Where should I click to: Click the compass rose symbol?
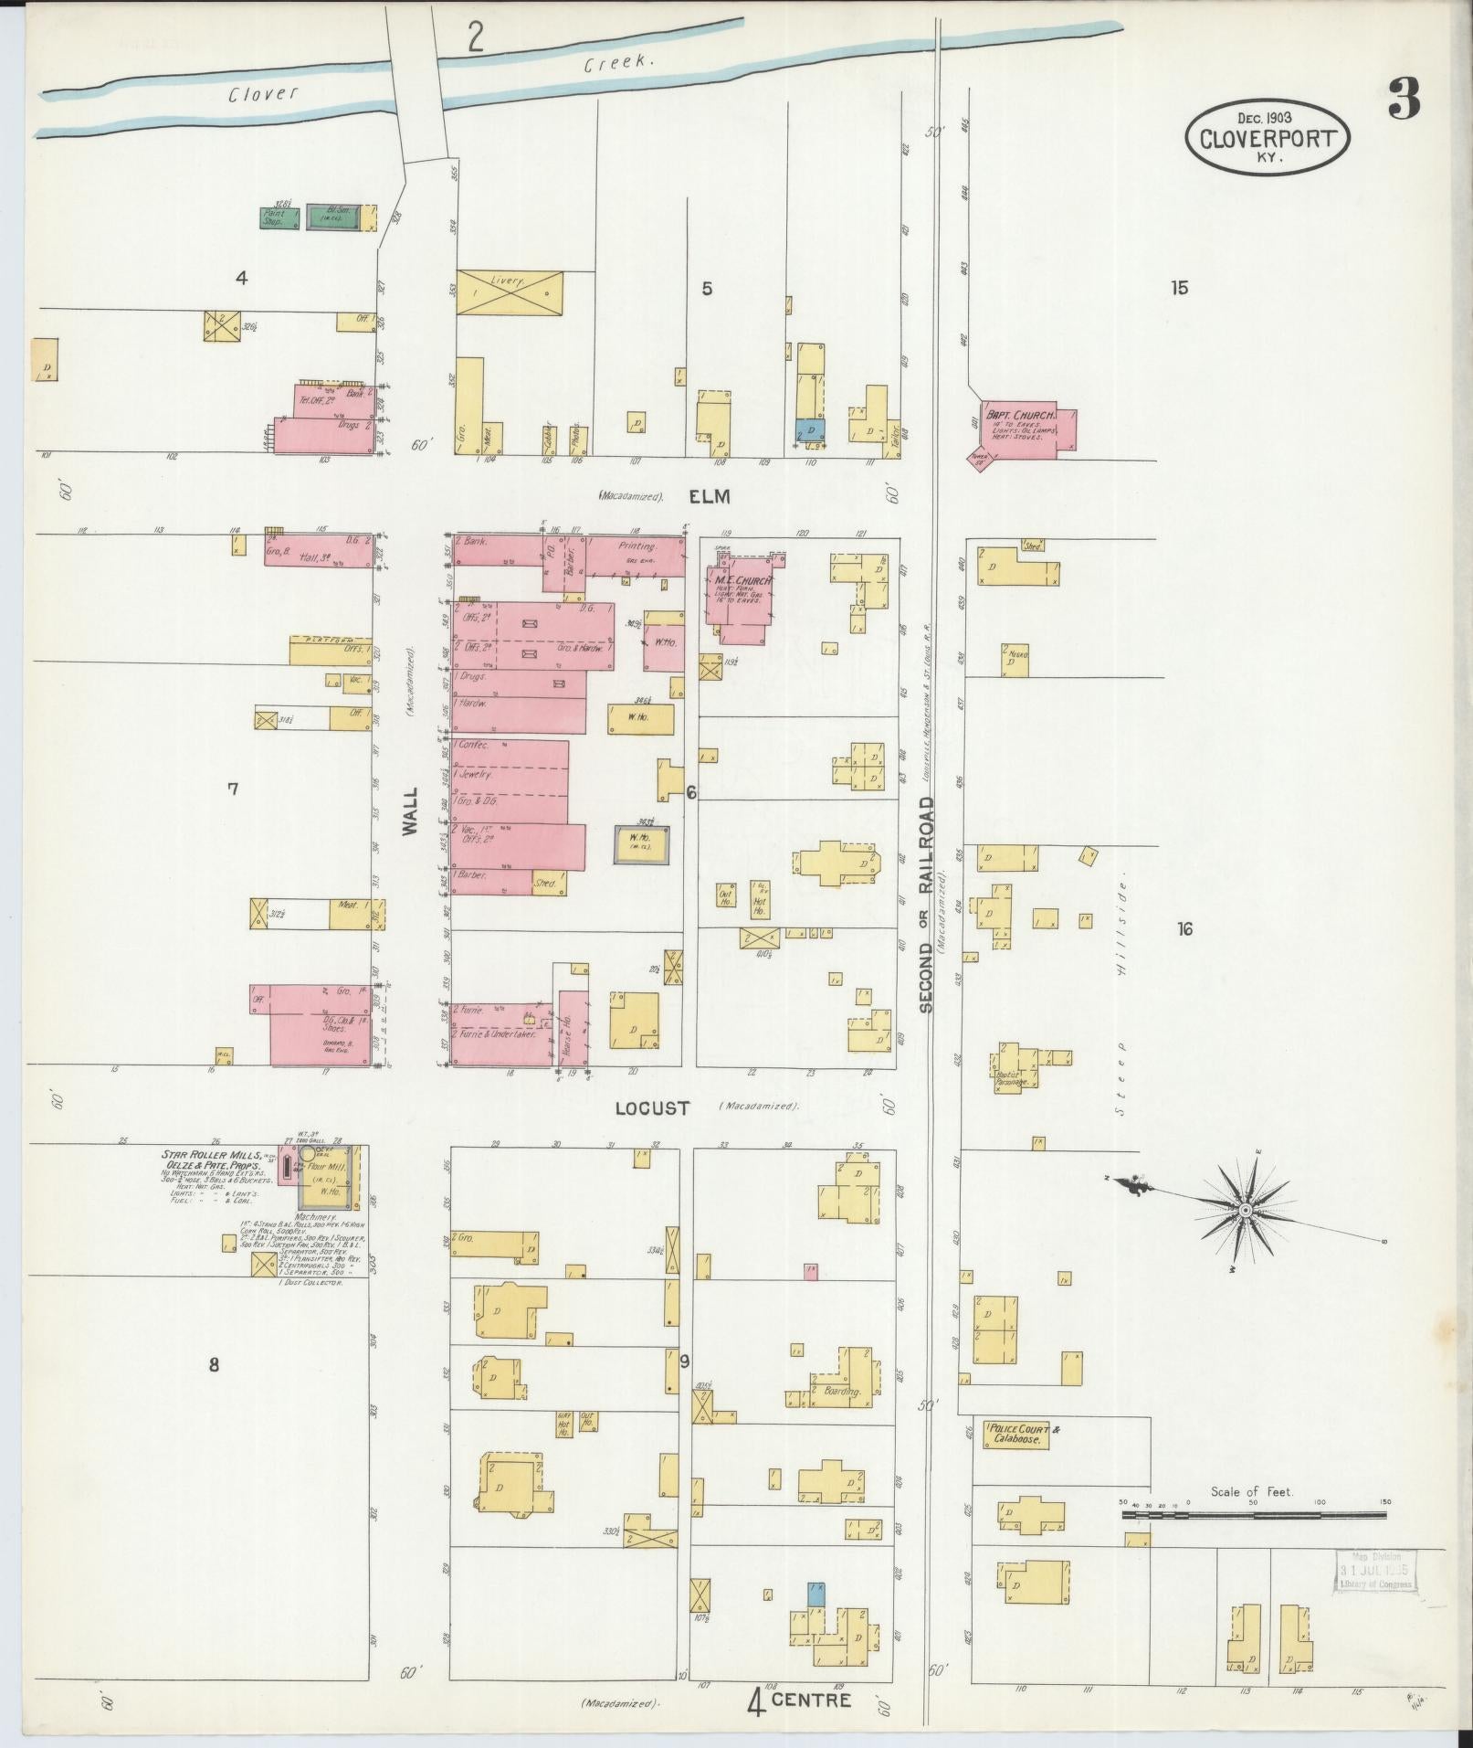1244,1210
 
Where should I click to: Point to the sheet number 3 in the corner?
1404,100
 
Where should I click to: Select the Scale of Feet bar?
1253,1515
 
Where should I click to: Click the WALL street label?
410,810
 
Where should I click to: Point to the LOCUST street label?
652,1108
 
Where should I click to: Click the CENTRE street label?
811,1700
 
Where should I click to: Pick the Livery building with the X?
509,292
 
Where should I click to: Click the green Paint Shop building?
279,217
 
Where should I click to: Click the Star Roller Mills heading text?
211,1156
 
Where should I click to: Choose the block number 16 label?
1184,929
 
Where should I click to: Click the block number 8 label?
214,1365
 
